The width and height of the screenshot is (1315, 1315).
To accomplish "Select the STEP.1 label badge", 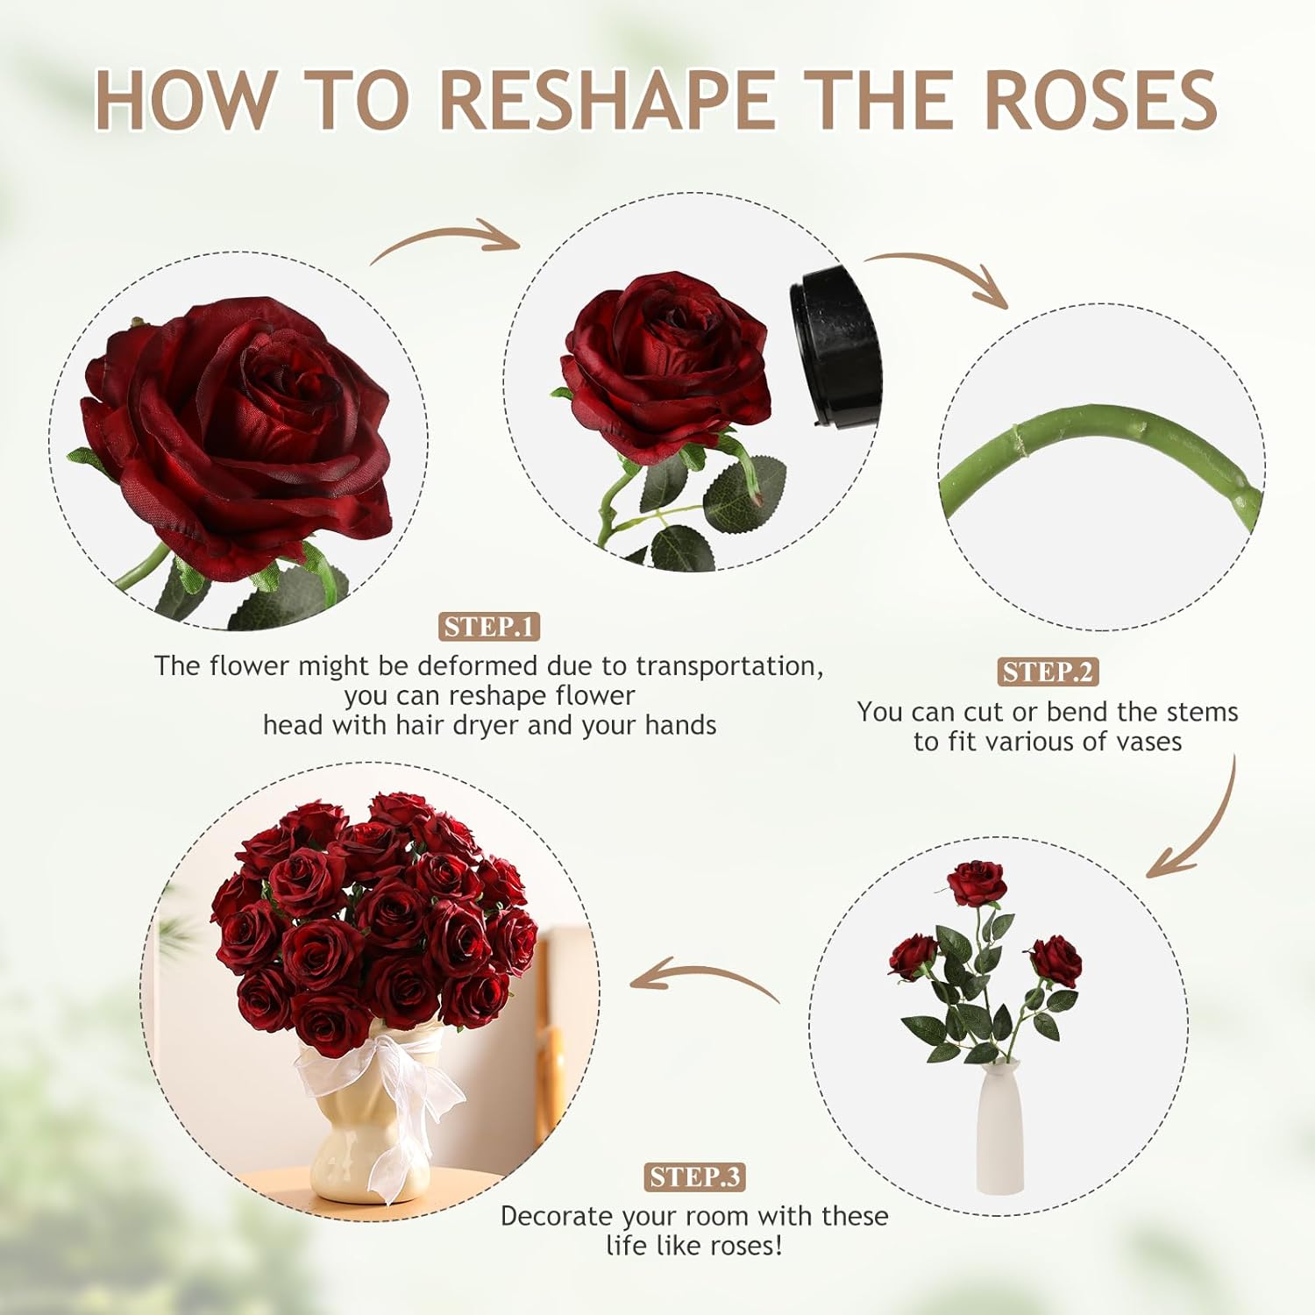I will point(488,627).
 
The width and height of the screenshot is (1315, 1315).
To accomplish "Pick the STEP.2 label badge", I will point(1048,672).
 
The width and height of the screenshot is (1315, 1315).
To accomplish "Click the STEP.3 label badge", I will point(695,1176).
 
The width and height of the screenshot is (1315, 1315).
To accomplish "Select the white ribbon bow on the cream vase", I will point(386,1096).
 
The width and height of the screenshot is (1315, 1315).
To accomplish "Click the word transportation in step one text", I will point(729,666).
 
